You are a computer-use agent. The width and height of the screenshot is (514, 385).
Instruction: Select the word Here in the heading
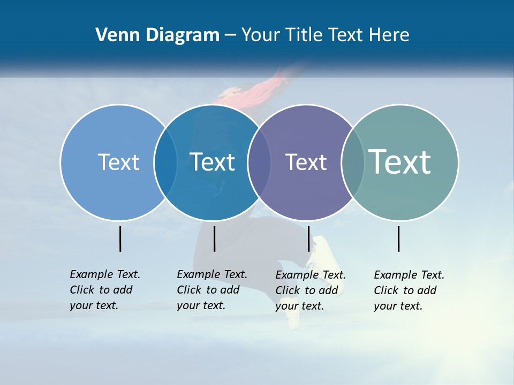tap(389, 35)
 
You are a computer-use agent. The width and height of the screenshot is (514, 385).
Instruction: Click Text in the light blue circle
tap(118, 162)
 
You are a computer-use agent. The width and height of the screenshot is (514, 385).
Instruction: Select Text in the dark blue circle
tap(213, 162)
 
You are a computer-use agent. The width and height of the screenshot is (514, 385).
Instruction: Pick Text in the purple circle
tap(306, 162)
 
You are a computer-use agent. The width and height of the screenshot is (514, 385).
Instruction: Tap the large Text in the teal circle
tap(400, 161)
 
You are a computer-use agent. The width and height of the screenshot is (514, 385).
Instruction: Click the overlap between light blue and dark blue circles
tap(165, 162)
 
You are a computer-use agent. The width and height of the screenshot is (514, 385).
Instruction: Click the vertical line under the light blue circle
tap(120, 238)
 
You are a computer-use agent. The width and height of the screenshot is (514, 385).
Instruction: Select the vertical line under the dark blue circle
tap(214, 238)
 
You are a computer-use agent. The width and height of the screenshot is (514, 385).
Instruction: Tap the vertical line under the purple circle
tap(309, 238)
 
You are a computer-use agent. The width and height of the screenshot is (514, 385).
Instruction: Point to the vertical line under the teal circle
tap(399, 238)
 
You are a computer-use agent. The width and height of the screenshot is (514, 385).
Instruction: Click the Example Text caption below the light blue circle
tap(104, 290)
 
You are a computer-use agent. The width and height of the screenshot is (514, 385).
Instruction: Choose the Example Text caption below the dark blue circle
tap(211, 290)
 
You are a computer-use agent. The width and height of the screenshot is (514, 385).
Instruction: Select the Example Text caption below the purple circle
tap(310, 290)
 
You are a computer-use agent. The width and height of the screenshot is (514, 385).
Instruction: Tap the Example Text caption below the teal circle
tap(409, 290)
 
